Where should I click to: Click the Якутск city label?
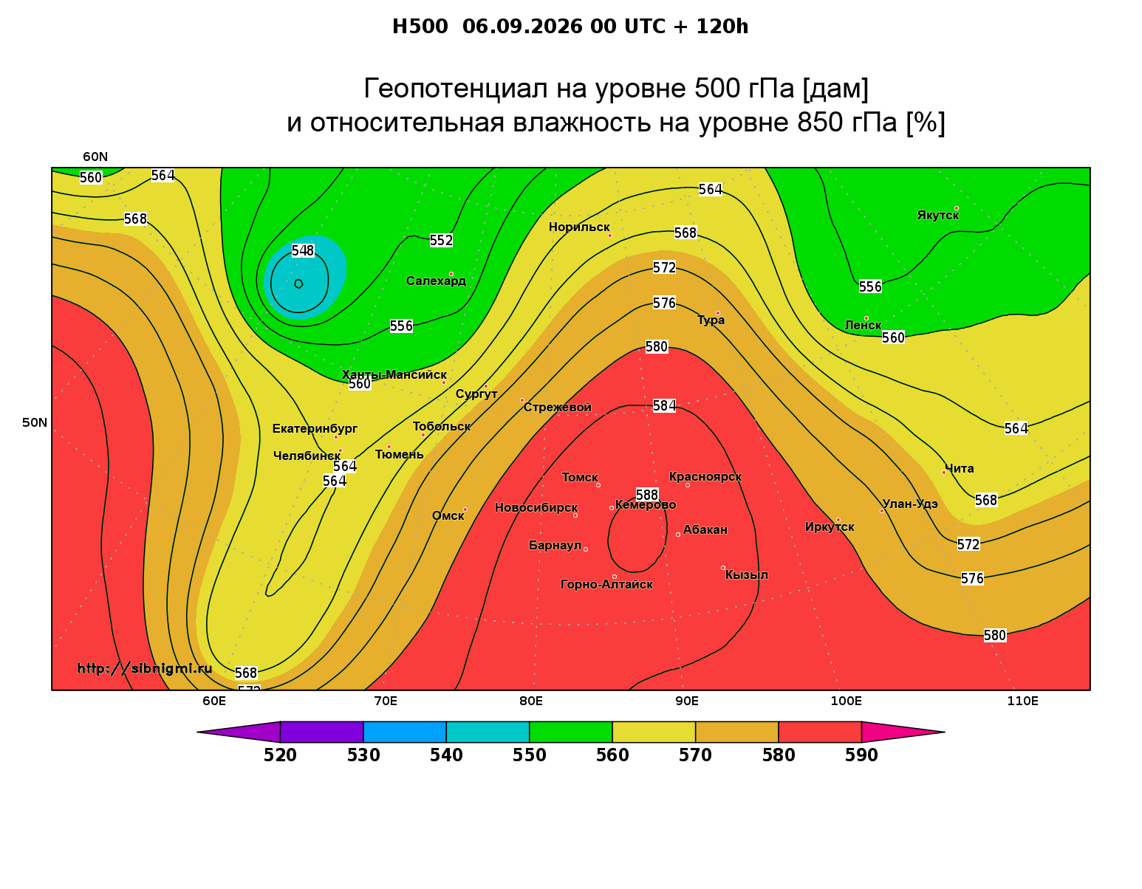tap(937, 216)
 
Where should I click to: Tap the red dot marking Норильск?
tap(610, 236)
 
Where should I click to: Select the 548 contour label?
tap(303, 251)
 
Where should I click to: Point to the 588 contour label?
tap(647, 495)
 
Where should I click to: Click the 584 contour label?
tap(664, 406)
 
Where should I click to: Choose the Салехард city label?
tap(436, 281)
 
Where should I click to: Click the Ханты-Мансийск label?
tap(394, 374)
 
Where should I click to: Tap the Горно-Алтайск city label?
tap(606, 585)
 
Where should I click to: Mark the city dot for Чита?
tap(944, 473)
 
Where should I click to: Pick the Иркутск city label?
tap(830, 526)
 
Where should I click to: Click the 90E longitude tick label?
tap(687, 701)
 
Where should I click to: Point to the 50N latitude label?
tap(35, 422)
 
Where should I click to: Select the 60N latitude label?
tap(95, 157)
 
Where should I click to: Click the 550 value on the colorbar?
tap(529, 755)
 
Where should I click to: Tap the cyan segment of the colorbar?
tap(488, 732)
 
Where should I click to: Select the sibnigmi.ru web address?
tap(145, 668)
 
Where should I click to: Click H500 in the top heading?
tap(420, 27)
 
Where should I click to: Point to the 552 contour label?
tap(441, 241)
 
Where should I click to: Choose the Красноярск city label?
tap(705, 477)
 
